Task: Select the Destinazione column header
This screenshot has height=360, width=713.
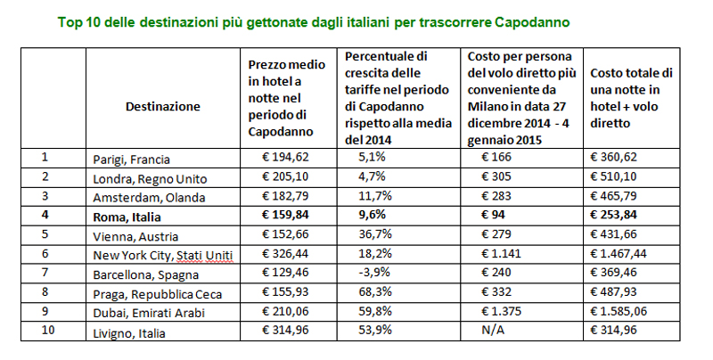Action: click(x=163, y=106)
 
